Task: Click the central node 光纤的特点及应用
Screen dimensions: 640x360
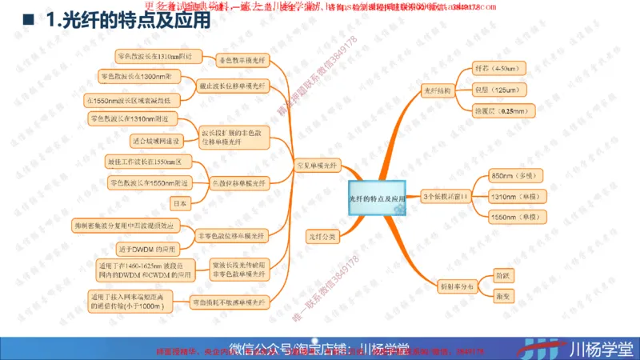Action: click(x=378, y=197)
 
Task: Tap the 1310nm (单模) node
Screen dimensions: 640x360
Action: click(x=514, y=196)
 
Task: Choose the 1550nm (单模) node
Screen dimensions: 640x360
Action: click(x=514, y=217)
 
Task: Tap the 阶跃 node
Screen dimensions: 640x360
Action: click(x=503, y=274)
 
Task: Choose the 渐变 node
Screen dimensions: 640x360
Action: click(x=503, y=295)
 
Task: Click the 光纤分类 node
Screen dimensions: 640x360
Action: click(x=323, y=237)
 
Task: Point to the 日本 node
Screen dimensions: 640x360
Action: click(x=182, y=204)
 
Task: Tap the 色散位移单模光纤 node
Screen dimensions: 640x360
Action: click(x=239, y=183)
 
